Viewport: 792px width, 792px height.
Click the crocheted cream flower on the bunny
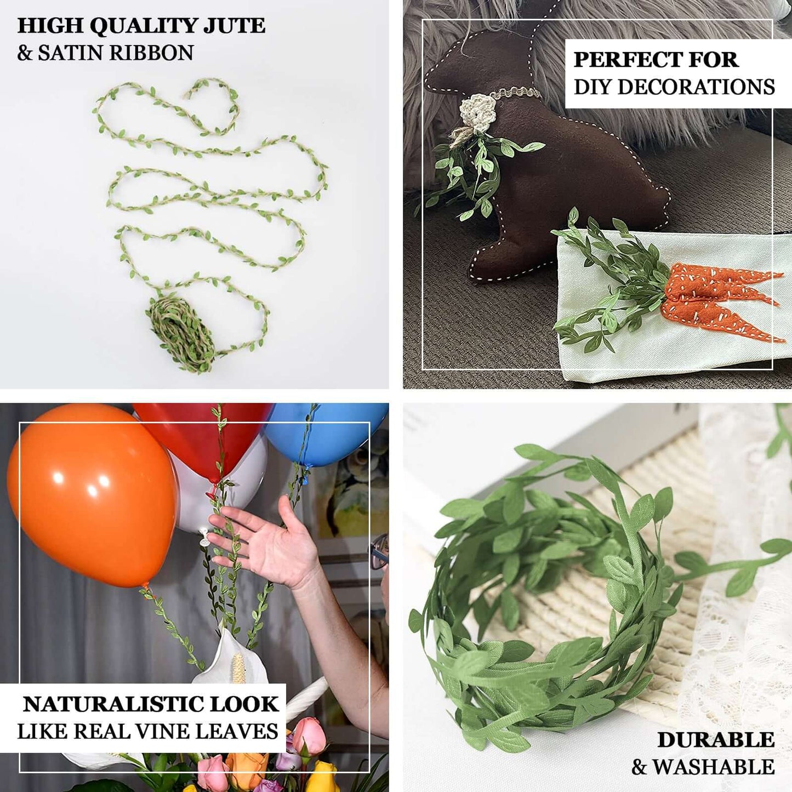click(x=478, y=112)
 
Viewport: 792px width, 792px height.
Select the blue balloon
click(x=323, y=433)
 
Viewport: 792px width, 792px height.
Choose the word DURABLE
click(x=716, y=740)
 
